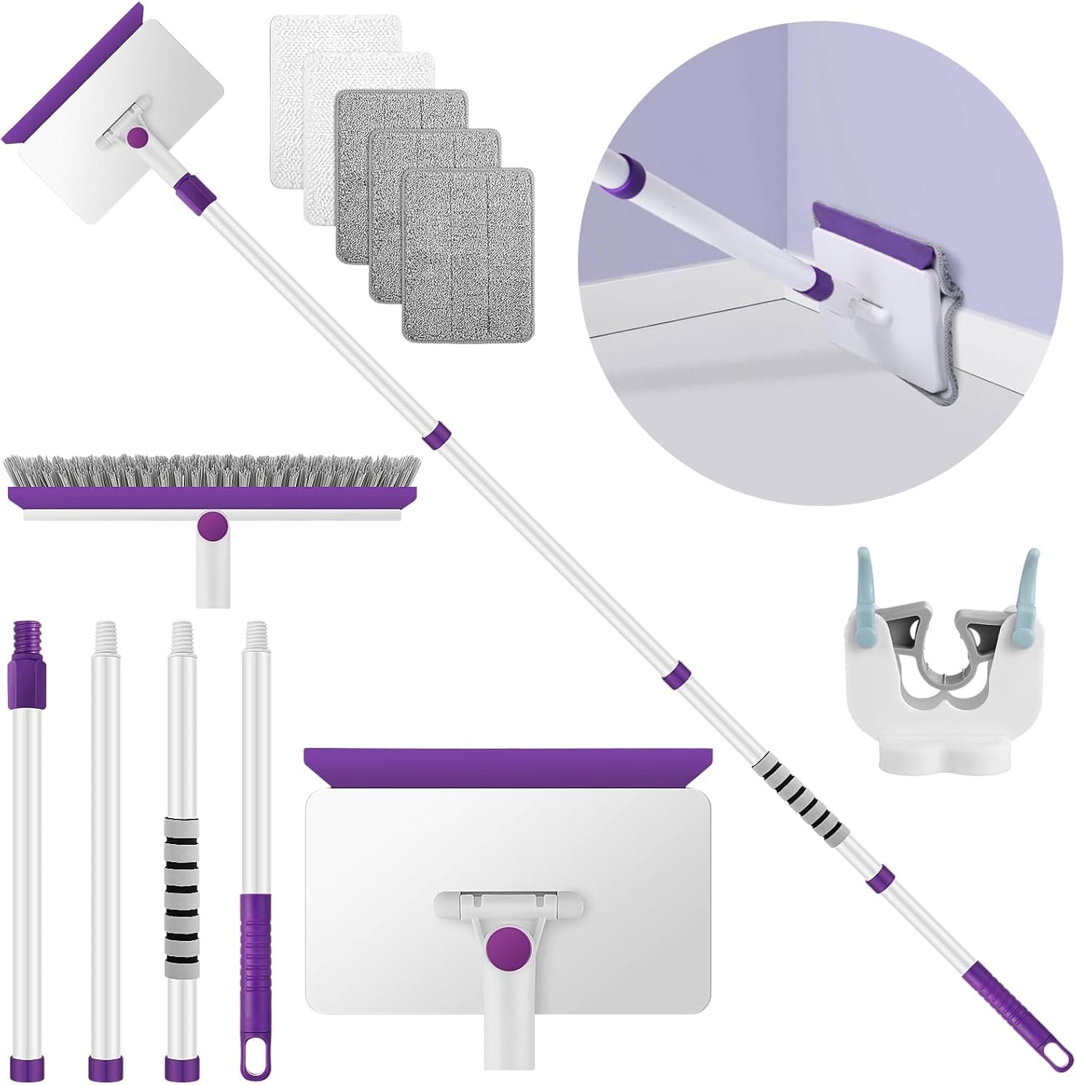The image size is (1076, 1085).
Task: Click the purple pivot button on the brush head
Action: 213,526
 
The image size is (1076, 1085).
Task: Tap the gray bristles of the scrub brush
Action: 210,471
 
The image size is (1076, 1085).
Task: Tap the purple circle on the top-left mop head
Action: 137,137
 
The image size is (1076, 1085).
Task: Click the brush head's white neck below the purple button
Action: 213,571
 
